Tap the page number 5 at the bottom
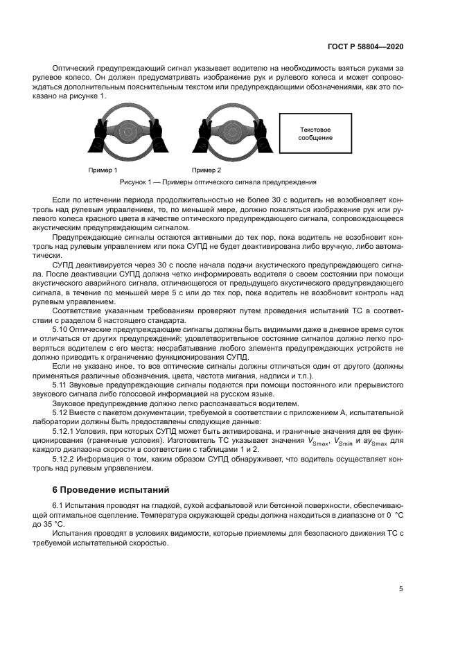pos(401,589)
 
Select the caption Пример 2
pos(206,170)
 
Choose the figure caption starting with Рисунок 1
pos(218,182)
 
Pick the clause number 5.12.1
pos(65,430)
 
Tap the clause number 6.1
pos(59,507)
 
